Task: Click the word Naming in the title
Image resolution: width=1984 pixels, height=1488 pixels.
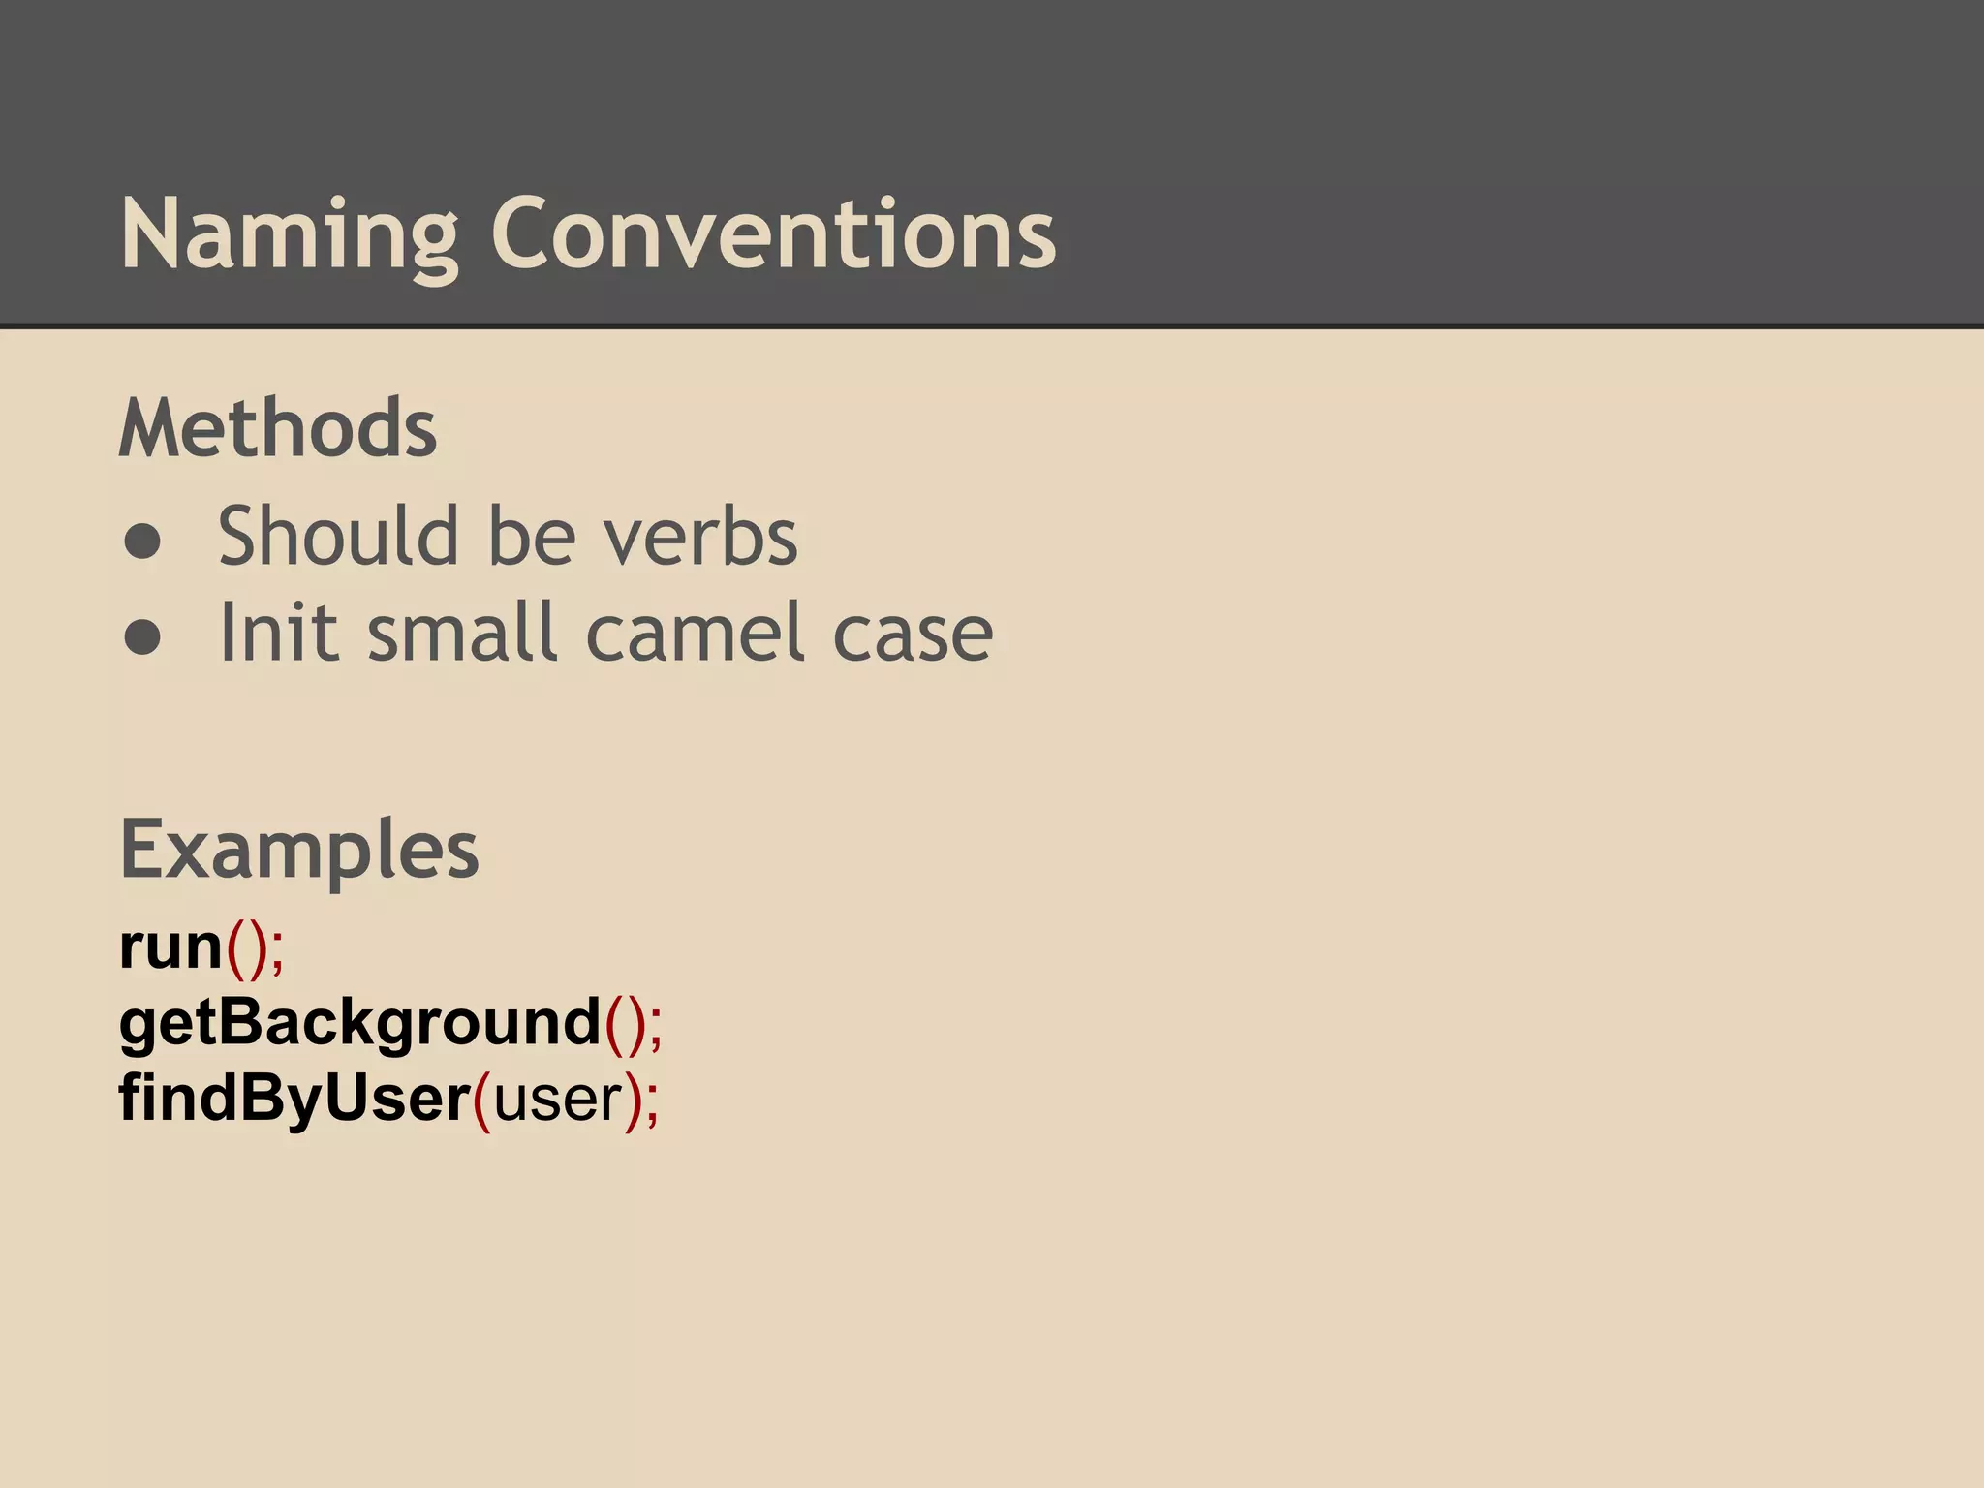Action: point(289,234)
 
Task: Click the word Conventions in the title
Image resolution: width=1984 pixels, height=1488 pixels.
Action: point(773,234)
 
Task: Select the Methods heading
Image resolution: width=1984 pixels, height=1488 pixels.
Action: point(278,428)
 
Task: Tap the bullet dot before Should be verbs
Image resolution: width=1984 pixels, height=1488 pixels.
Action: point(142,541)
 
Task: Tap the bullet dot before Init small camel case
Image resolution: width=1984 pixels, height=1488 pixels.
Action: point(142,637)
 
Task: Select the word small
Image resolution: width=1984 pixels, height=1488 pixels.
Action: point(464,633)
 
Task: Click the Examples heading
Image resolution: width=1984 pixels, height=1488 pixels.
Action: point(299,850)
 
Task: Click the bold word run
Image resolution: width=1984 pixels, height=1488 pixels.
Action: point(171,946)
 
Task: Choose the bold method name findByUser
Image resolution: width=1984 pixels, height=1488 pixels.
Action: point(294,1098)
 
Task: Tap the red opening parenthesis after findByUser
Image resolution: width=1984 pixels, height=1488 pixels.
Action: point(482,1100)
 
